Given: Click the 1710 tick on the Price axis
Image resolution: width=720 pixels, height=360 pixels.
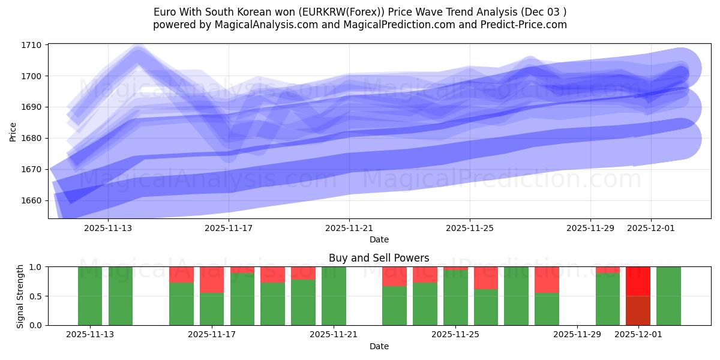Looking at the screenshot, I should [32, 45].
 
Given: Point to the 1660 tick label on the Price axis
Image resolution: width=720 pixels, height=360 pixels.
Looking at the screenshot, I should [32, 200].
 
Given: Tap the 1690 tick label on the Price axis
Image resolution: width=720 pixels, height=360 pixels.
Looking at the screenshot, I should [32, 107].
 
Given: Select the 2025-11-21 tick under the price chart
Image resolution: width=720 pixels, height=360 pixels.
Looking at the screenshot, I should [349, 228].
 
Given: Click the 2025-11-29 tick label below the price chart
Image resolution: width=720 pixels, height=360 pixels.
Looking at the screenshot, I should [590, 228].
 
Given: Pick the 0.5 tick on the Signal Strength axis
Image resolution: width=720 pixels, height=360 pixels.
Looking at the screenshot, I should [35, 296].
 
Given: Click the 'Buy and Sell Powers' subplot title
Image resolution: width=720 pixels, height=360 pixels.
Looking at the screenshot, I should [379, 258].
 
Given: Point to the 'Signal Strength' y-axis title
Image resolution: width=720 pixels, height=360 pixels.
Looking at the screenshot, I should [20, 296].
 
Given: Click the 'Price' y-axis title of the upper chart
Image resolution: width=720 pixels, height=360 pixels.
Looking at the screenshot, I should [13, 131].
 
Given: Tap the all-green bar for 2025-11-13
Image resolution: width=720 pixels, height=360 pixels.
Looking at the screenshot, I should [90, 296].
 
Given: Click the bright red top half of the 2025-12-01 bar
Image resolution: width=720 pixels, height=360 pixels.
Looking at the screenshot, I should [638, 281].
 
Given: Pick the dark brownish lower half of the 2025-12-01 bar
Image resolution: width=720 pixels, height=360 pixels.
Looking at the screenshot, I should [638, 310].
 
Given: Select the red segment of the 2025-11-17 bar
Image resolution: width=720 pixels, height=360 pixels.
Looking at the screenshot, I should [212, 280].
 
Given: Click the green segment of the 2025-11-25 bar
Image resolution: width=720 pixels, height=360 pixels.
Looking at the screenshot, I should [455, 298].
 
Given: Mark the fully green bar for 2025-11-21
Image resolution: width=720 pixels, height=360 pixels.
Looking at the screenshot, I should [334, 296].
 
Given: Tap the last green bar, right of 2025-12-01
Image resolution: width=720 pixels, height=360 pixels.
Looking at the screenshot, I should [668, 296].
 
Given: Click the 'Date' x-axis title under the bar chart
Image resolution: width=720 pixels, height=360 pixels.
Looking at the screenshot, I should [379, 346].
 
